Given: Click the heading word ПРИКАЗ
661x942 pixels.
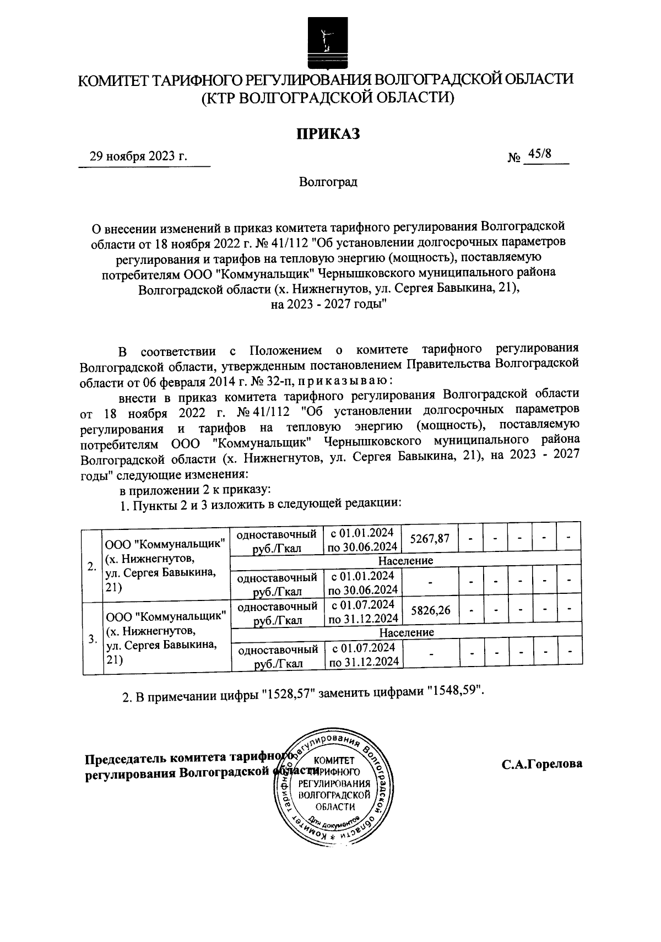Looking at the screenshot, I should click(x=328, y=133).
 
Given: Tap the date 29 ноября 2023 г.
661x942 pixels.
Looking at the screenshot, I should click(x=139, y=156).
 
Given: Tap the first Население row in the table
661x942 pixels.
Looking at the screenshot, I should click(x=406, y=560).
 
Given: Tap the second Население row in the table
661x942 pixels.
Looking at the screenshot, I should click(x=407, y=632).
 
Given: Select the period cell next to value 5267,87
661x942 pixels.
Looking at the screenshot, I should click(x=363, y=539).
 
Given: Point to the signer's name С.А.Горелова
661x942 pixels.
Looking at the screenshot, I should click(x=541, y=764).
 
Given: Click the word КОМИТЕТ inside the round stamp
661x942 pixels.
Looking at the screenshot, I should click(x=329, y=760).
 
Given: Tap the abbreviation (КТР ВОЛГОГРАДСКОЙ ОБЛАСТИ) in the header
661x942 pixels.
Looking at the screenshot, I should click(x=328, y=98).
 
